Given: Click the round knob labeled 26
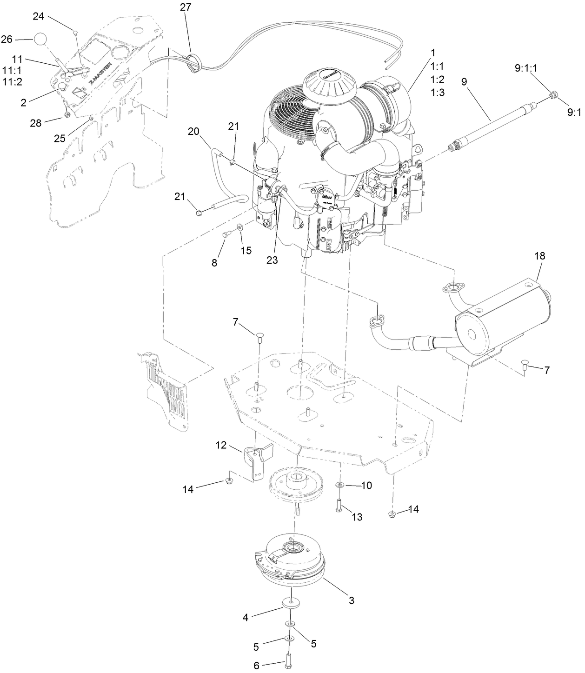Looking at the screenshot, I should click(x=41, y=39).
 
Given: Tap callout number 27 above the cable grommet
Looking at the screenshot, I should click(x=185, y=7).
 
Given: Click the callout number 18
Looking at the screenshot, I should click(x=539, y=256).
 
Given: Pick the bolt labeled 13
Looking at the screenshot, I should click(x=339, y=505).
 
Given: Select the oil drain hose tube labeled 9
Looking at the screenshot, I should click(x=494, y=122).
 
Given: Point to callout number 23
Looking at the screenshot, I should click(x=272, y=260).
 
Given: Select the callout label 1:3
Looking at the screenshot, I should click(x=438, y=93).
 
